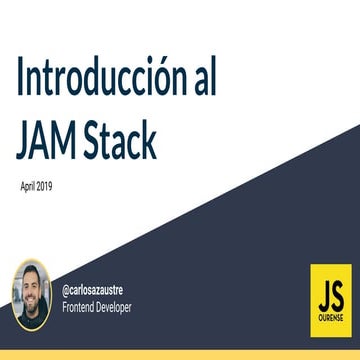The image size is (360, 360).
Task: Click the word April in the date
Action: (28, 186)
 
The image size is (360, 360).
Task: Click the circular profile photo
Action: (31, 295)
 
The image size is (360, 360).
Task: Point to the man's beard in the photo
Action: (31, 307)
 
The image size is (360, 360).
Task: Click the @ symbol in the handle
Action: (66, 287)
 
